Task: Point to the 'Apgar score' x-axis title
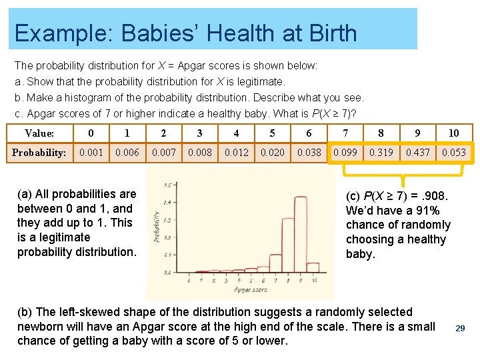[x=251, y=290]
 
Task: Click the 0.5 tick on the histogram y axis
[x=168, y=185]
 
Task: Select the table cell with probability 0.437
[x=417, y=153]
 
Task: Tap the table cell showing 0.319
[x=381, y=153]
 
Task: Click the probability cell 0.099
[x=345, y=153]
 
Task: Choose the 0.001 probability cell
[x=91, y=153]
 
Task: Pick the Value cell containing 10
[x=454, y=133]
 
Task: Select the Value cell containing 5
[x=272, y=133]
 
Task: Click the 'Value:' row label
[x=39, y=133]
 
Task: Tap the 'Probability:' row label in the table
[x=39, y=153]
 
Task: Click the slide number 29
[x=460, y=328]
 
